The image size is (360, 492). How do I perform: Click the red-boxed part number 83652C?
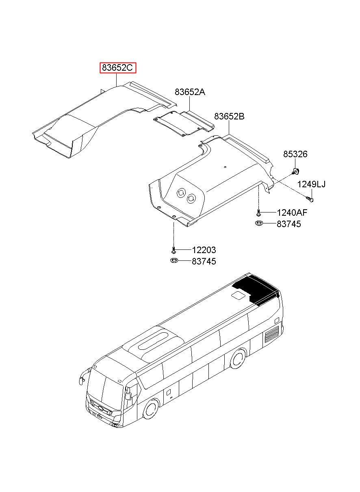tap(118, 68)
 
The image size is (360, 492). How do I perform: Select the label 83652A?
tap(190, 92)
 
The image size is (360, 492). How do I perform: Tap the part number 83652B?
tap(229, 117)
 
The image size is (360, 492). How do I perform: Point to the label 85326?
tap(295, 154)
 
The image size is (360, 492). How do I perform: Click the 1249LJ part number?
tap(311, 184)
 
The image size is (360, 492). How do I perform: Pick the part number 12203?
tap(204, 250)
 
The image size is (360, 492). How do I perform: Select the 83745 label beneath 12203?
tap(204, 262)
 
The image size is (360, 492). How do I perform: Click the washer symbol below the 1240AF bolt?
tap(259, 223)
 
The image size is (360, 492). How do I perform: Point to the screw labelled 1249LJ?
tap(310, 198)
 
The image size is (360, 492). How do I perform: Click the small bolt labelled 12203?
tap(173, 249)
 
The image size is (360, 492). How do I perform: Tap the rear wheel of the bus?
tap(237, 358)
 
